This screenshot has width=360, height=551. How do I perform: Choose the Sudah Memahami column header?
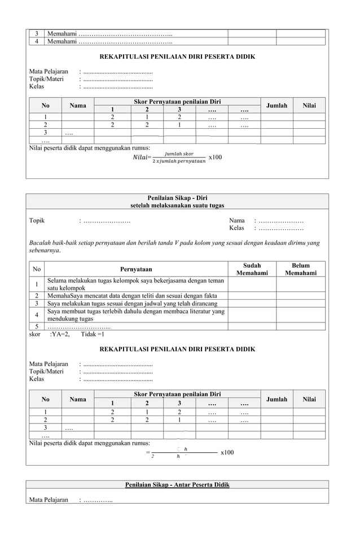(252, 269)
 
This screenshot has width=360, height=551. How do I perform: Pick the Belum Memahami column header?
(301, 269)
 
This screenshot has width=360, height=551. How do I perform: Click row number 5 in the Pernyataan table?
(37, 326)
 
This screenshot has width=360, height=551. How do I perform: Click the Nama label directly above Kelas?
(236, 221)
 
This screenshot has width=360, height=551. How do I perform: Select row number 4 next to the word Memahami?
(37, 41)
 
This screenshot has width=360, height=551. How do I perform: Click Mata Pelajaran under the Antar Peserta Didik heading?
(49, 500)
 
